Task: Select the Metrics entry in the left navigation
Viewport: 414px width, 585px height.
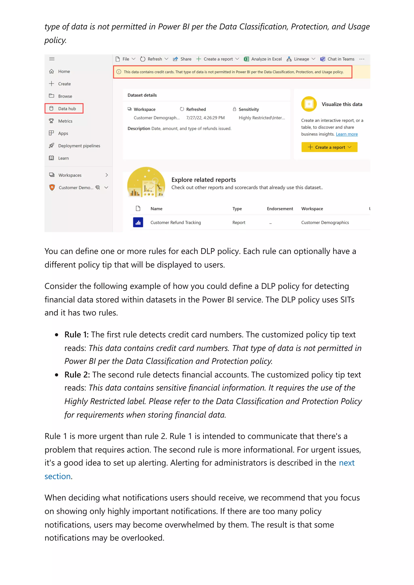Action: tap(65, 121)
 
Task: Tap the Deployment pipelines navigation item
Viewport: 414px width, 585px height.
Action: tap(79, 146)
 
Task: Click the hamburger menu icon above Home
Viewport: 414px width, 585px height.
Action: tap(52, 59)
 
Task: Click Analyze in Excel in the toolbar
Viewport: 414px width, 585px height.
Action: tap(263, 59)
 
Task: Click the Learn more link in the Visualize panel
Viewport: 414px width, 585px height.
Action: tap(346, 134)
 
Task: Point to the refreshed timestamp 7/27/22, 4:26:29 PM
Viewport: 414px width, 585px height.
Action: tap(205, 118)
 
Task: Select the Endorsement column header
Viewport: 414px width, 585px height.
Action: tap(280, 209)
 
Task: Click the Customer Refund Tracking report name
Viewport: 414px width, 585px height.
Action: tap(175, 222)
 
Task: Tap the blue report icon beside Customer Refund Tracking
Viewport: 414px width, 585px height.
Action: tap(138, 222)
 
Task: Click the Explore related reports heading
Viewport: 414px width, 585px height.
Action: tap(203, 180)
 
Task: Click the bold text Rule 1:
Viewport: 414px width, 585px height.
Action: tap(76, 334)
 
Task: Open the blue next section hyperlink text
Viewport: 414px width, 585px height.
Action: tap(346, 463)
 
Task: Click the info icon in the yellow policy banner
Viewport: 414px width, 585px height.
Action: tap(119, 72)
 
